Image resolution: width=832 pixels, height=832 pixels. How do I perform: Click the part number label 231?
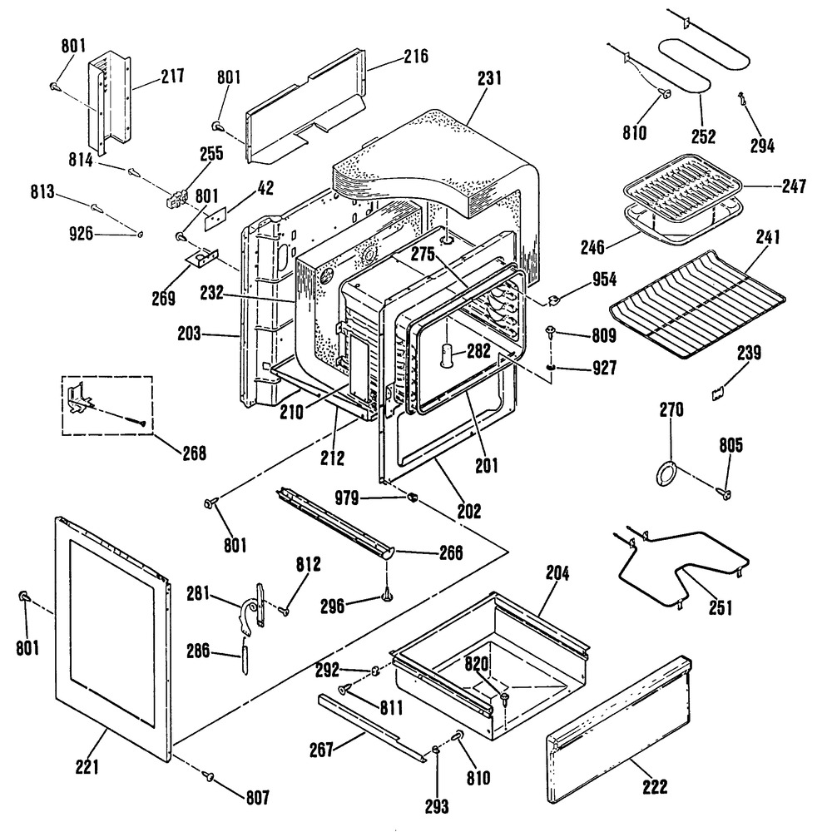pos(490,81)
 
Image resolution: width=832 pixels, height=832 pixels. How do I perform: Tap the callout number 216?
pos(415,57)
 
